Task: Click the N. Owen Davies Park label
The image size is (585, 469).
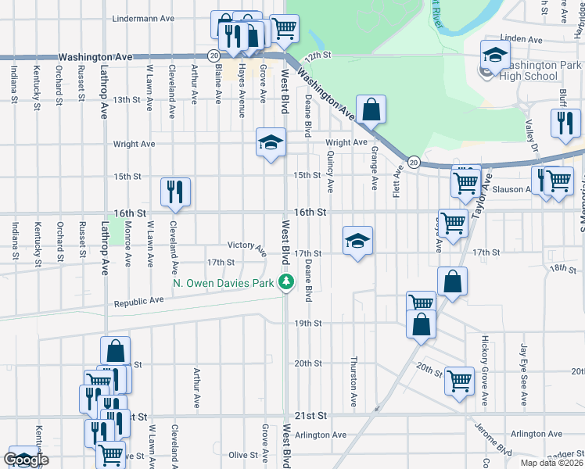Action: [223, 283]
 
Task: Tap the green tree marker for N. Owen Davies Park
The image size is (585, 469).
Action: [287, 283]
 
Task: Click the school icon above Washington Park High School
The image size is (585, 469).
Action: [495, 55]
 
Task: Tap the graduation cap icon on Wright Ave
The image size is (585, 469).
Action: [271, 142]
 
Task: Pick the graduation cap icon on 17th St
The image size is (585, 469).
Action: [357, 241]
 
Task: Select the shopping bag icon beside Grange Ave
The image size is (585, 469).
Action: [371, 109]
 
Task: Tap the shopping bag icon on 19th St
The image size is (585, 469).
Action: [421, 324]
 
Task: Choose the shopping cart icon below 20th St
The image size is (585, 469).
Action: [459, 381]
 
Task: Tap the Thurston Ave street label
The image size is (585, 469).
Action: [354, 382]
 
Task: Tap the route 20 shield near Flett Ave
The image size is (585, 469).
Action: [415, 162]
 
